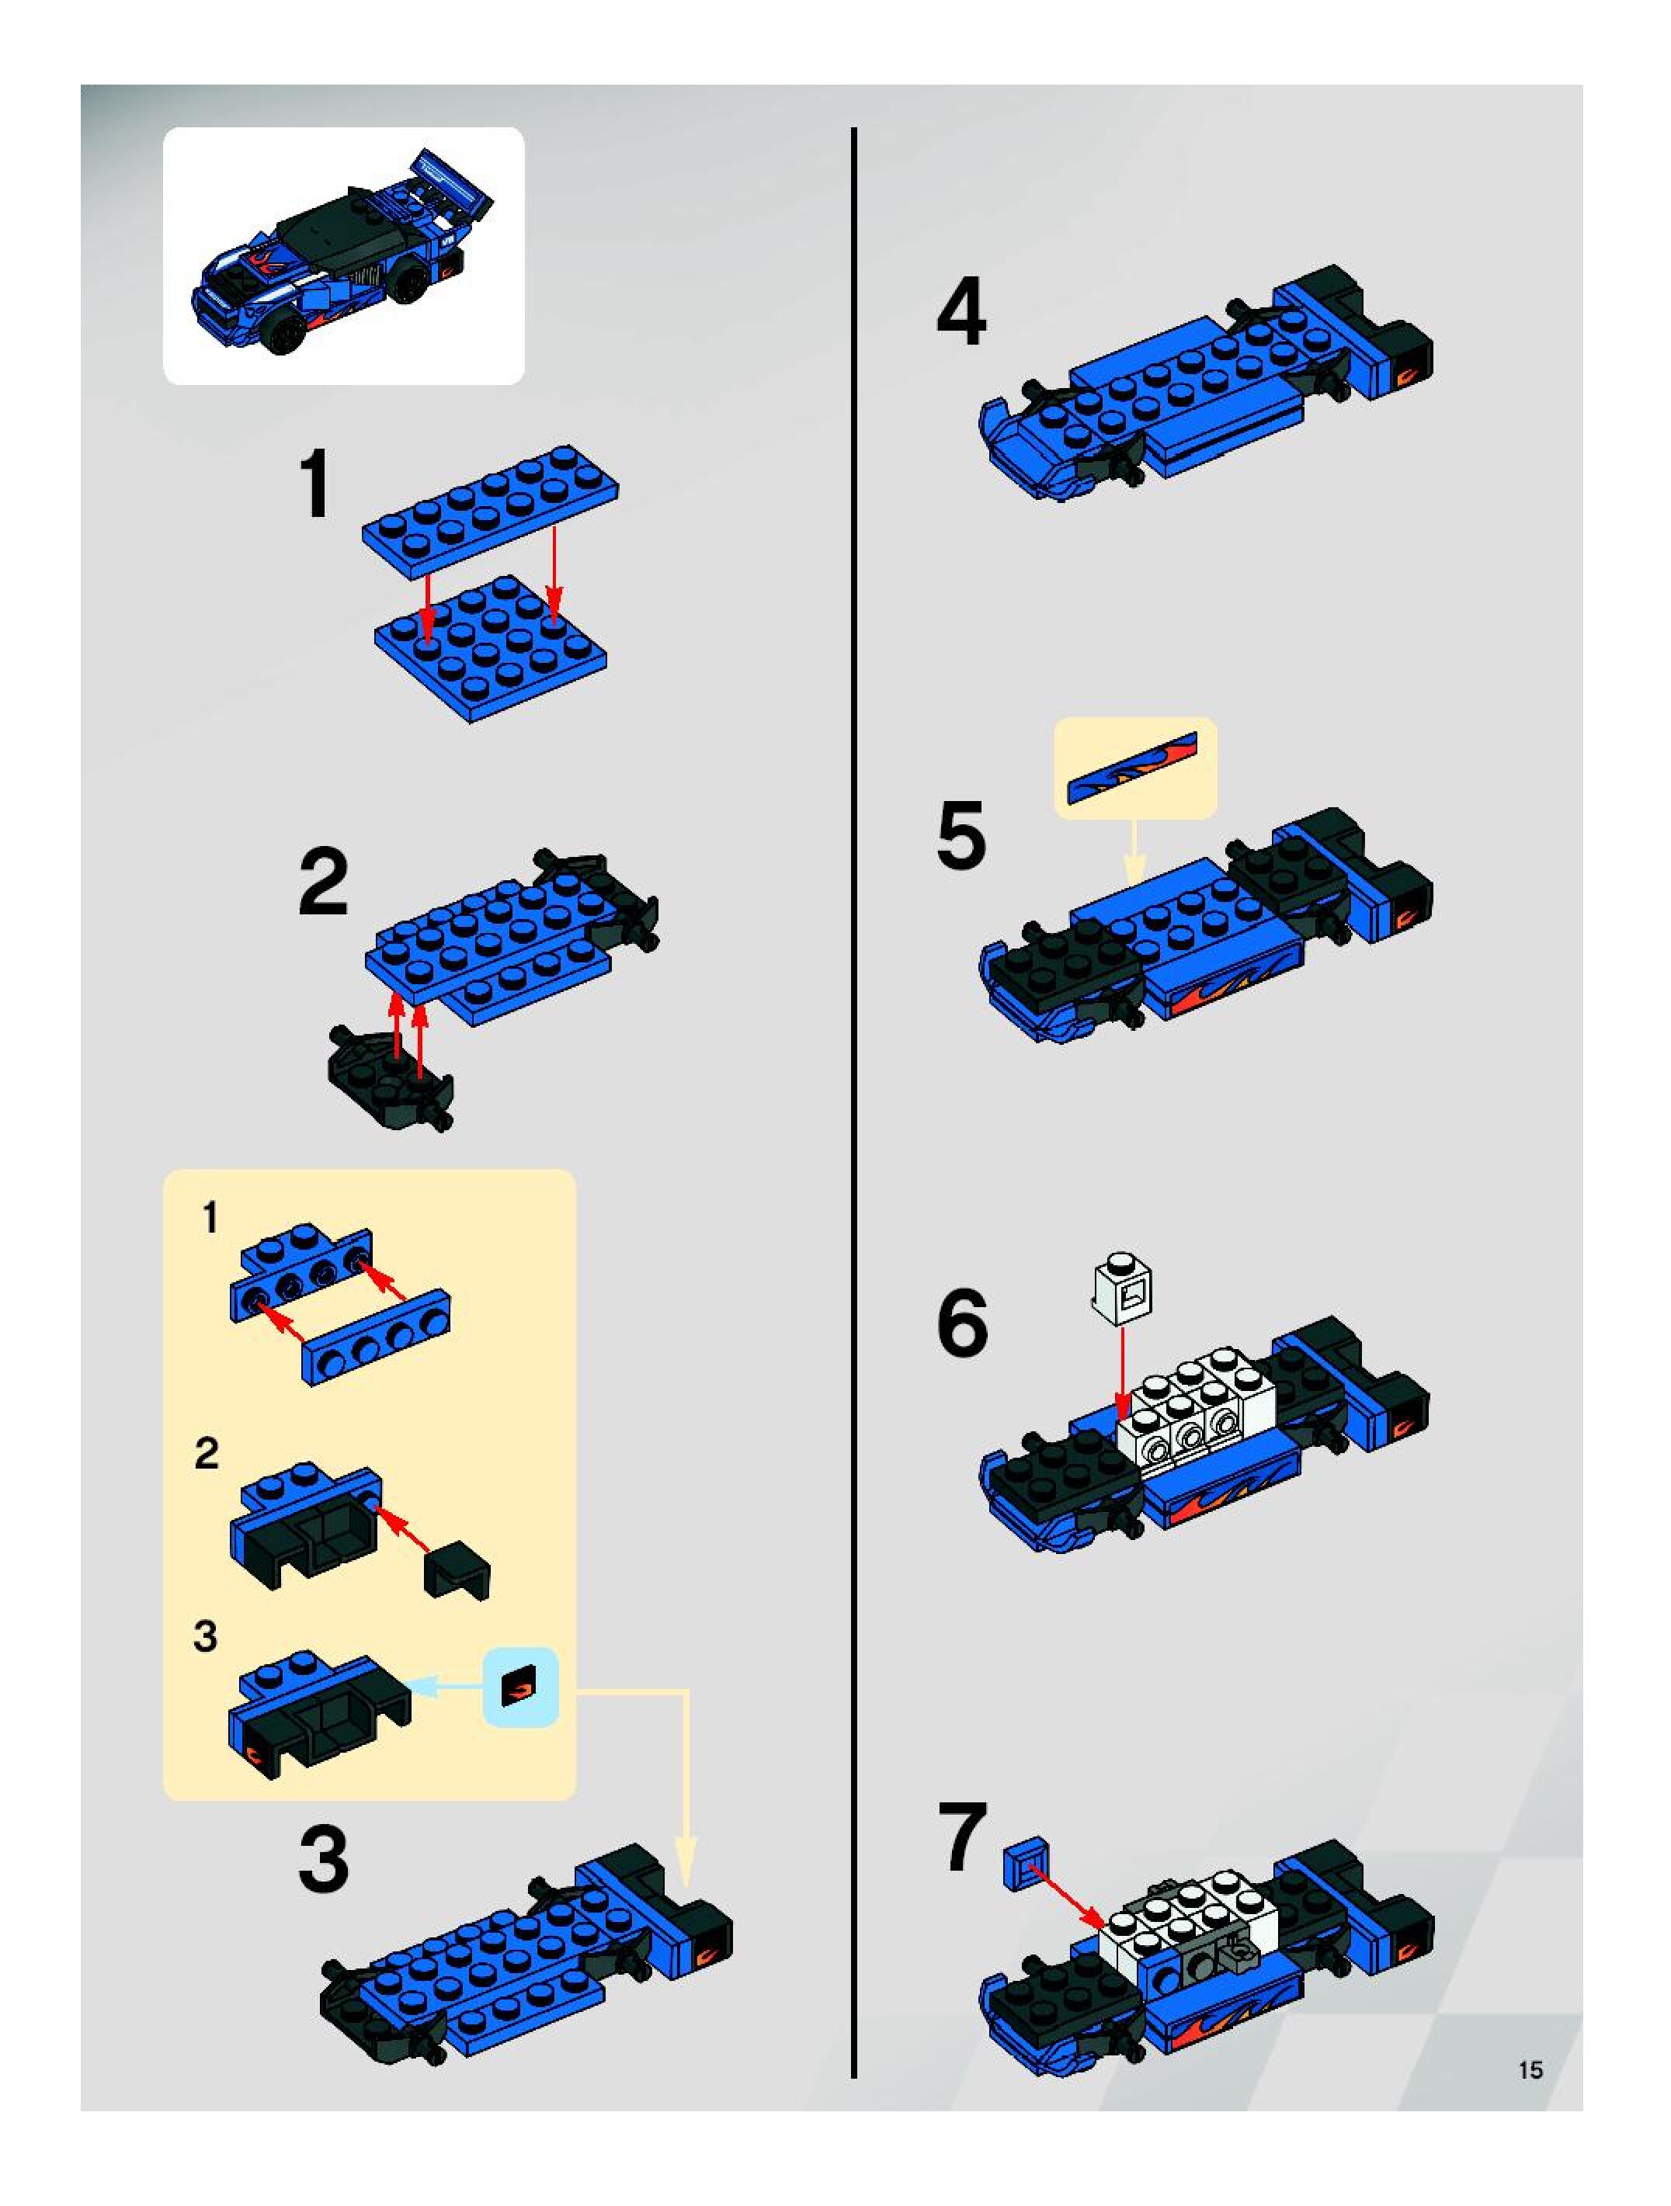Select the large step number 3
[325, 1858]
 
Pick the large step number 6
[963, 1323]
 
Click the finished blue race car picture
[344, 255]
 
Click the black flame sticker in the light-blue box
[519, 1687]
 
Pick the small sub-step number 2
[207, 1453]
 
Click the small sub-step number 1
[210, 1218]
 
